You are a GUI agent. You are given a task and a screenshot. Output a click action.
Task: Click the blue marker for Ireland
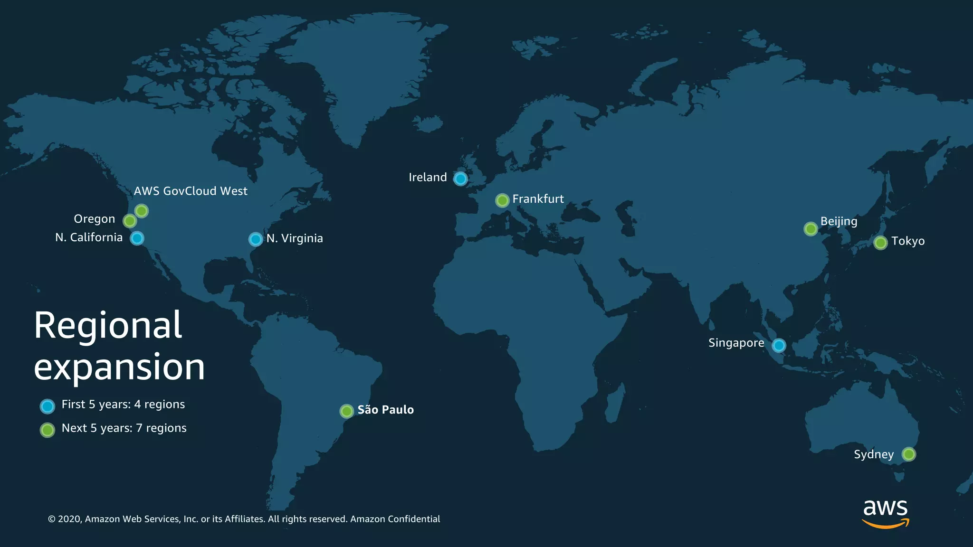[x=460, y=179]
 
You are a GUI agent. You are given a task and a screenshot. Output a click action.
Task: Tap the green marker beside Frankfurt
[x=502, y=200]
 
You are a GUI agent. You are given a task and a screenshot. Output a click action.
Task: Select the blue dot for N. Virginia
[x=256, y=239]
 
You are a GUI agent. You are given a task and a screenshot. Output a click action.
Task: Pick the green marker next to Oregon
[x=129, y=221]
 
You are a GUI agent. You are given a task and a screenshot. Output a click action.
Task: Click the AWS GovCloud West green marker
[x=141, y=210]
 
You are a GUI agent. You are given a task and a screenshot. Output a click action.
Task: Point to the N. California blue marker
[x=137, y=238]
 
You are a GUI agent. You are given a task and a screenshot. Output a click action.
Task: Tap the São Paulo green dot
[x=347, y=411]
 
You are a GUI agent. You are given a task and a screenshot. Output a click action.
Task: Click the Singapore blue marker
[x=779, y=345]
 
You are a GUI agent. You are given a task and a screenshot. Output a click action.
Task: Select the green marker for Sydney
[x=908, y=454]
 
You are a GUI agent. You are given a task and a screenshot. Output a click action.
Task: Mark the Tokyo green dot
[x=880, y=243]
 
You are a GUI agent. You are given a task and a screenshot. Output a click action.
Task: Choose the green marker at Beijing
[x=811, y=229]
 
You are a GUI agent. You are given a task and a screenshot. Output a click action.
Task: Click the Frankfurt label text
[x=538, y=199]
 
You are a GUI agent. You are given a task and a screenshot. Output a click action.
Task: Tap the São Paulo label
[x=385, y=410]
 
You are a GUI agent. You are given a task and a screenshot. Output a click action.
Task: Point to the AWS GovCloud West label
[x=191, y=191]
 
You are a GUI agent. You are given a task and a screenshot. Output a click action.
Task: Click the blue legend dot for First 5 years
[x=48, y=406]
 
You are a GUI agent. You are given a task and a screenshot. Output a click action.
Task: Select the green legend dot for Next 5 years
[x=48, y=430]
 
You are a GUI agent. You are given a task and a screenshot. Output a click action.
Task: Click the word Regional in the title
[x=108, y=325]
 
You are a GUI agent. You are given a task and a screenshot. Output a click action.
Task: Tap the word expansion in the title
[x=119, y=367]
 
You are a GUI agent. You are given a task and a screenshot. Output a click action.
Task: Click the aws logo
[x=885, y=513]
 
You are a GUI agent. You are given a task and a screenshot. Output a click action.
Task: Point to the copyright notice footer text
[x=244, y=519]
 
